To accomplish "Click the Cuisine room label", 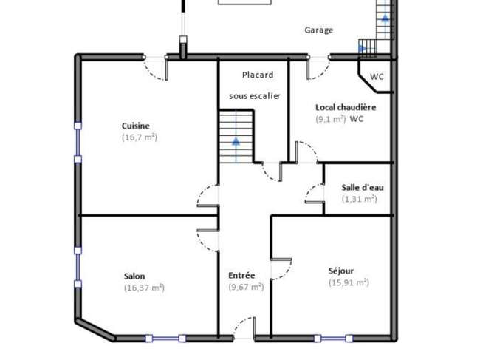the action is tap(136, 126).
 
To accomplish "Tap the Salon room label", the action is tap(134, 276).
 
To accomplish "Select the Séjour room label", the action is tap(341, 271).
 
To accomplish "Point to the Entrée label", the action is tap(241, 276).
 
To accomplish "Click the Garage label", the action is tap(319, 30).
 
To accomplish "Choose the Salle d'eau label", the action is tap(363, 188).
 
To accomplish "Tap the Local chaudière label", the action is tap(346, 107).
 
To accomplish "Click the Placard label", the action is tap(258, 75).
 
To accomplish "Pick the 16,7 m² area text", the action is tap(140, 137).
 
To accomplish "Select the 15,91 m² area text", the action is tap(349, 282).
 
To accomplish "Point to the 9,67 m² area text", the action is tap(246, 287).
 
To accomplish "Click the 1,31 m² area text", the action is tap(360, 199).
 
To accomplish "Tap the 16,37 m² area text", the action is tap(144, 288).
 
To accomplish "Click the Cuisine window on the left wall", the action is tap(78, 143).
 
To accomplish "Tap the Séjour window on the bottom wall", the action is tap(333, 339).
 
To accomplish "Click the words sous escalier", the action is tap(255, 96).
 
